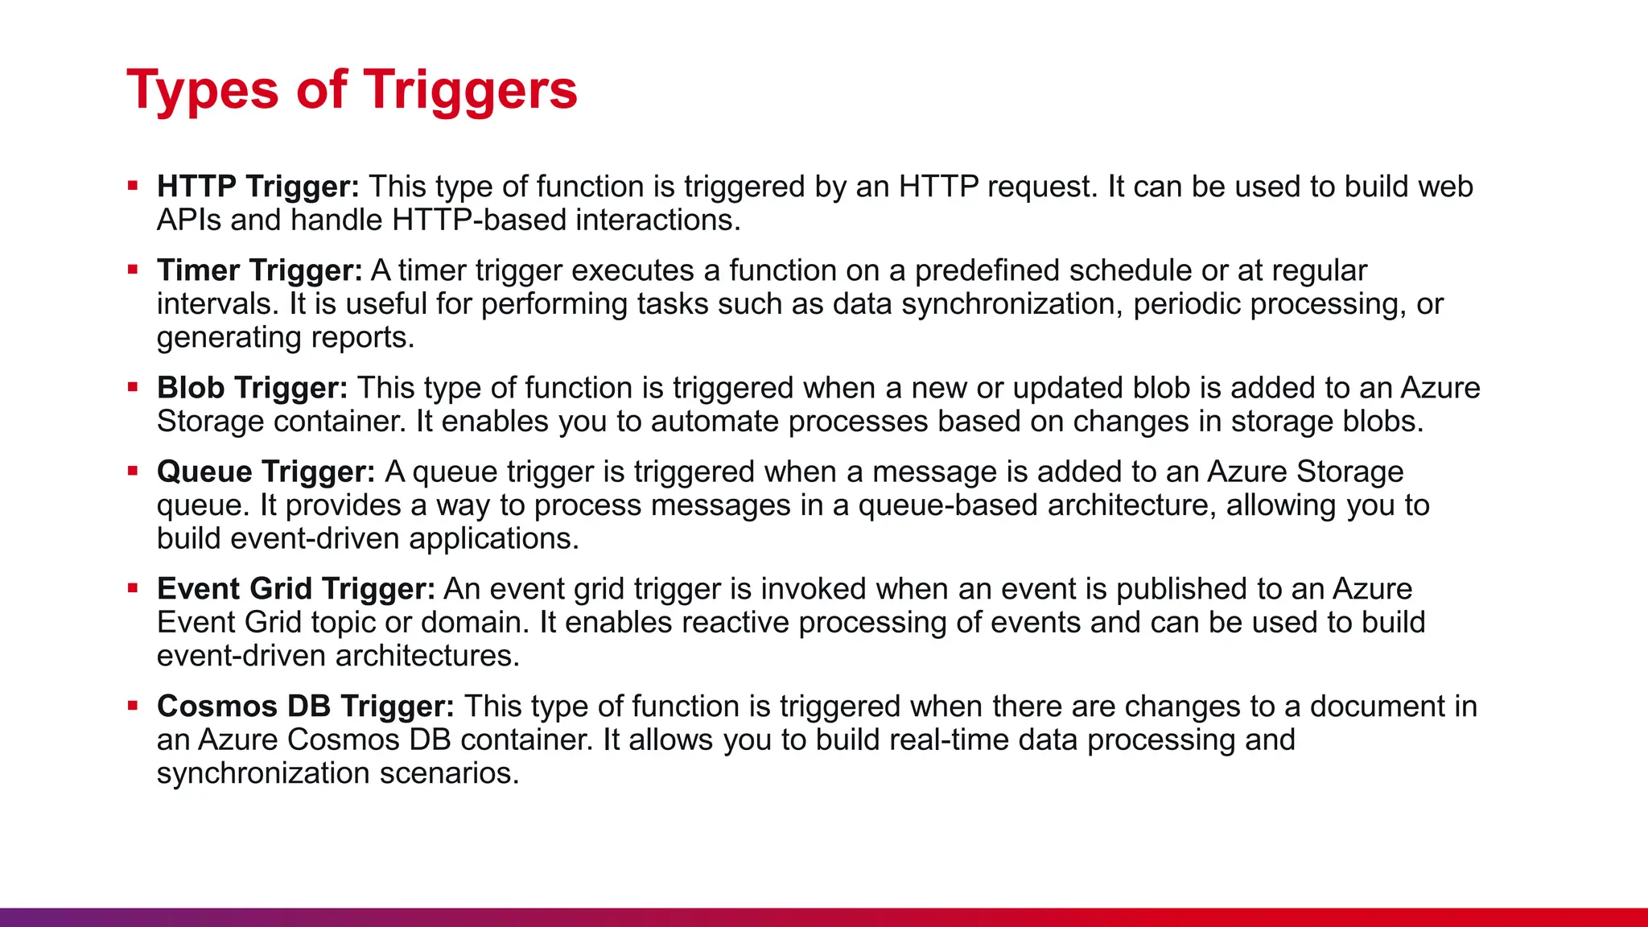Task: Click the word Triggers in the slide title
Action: pyautogui.click(x=471, y=90)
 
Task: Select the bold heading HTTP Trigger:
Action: pyautogui.click(x=258, y=187)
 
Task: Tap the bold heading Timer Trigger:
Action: pyautogui.click(x=260, y=270)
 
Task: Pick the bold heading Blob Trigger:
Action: pyautogui.click(x=252, y=388)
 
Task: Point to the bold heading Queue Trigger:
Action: pyautogui.click(x=266, y=472)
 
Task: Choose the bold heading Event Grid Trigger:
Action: pyautogui.click(x=295, y=589)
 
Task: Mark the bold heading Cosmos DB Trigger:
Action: pyautogui.click(x=305, y=707)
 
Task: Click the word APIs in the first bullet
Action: pyautogui.click(x=188, y=220)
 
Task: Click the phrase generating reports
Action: pyautogui.click(x=285, y=338)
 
